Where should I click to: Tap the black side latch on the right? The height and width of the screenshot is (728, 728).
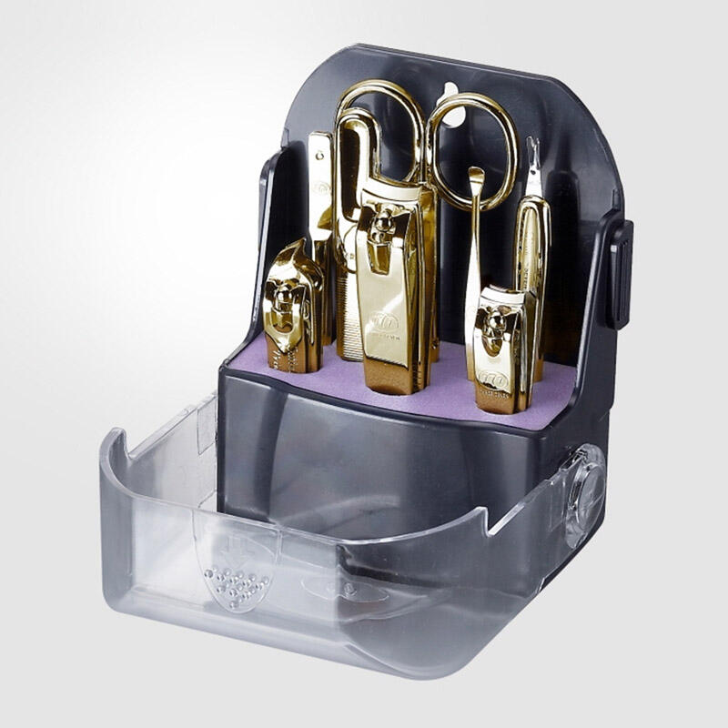tap(621, 273)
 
